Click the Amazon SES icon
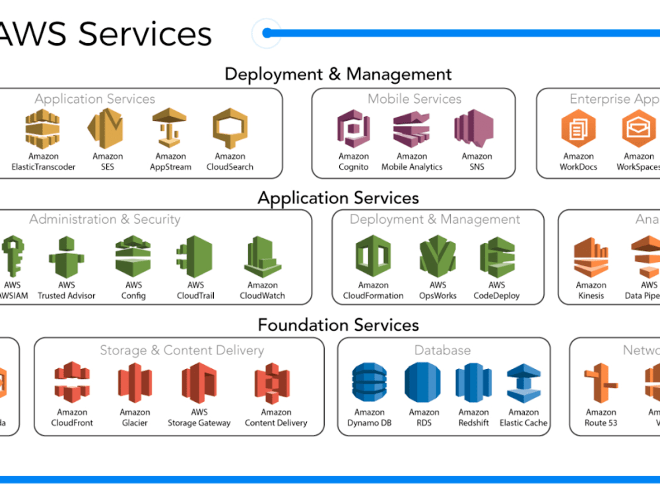coord(107,129)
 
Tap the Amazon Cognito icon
coord(354,129)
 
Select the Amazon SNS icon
coord(474,128)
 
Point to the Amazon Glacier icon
coord(135,383)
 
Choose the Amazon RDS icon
coord(422,383)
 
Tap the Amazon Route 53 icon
coord(601,383)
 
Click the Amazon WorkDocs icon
coord(578,129)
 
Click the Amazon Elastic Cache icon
coord(523,383)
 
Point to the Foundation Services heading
coord(338,325)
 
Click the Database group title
coord(442,350)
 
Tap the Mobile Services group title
coord(414,99)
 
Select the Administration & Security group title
coord(105,219)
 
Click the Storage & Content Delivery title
coord(181,350)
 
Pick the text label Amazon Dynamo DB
coord(370,418)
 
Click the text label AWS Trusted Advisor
coord(67,291)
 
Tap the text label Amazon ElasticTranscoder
coord(44,162)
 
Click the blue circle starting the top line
coord(267,33)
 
